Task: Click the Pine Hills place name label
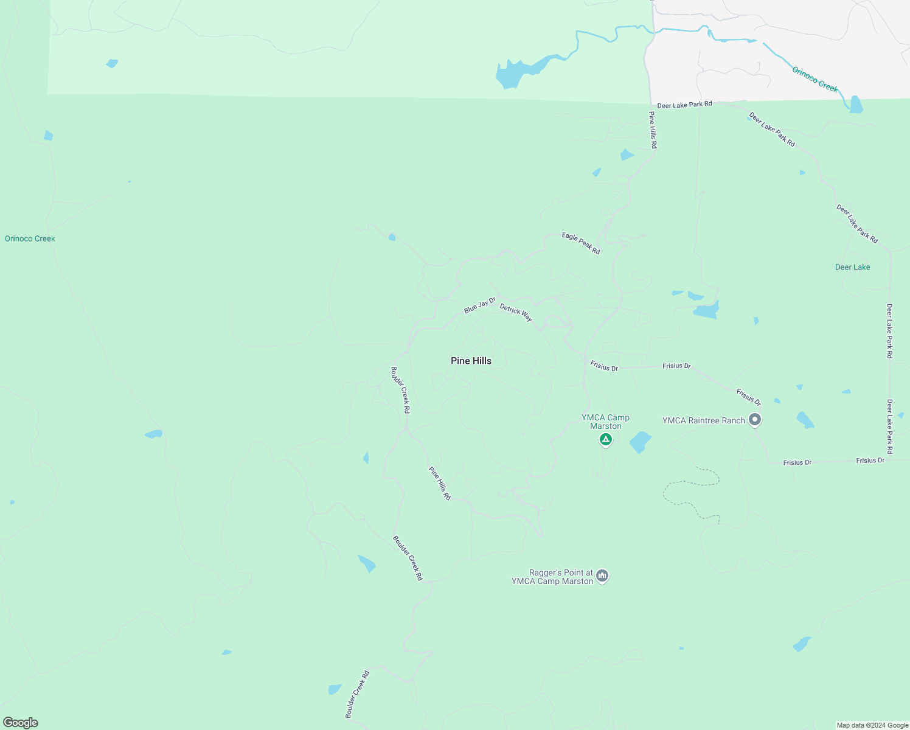[471, 361]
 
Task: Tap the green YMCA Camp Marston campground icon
[605, 439]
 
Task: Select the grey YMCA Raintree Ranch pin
[755, 420]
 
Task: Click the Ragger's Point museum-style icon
[602, 575]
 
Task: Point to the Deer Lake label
[852, 267]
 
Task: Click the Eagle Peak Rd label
[580, 243]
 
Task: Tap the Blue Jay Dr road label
[480, 305]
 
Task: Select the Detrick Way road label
[516, 313]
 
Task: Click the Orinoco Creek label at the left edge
[30, 238]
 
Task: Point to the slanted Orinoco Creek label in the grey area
[815, 80]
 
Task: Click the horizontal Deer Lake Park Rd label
[684, 105]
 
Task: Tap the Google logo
[21, 723]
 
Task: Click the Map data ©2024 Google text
[872, 725]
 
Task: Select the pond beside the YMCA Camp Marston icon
[640, 442]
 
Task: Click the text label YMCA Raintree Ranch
[703, 420]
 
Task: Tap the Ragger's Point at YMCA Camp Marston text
[552, 577]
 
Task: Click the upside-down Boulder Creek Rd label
[400, 390]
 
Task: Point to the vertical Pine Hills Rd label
[652, 130]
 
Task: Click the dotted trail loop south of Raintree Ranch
[693, 493]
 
